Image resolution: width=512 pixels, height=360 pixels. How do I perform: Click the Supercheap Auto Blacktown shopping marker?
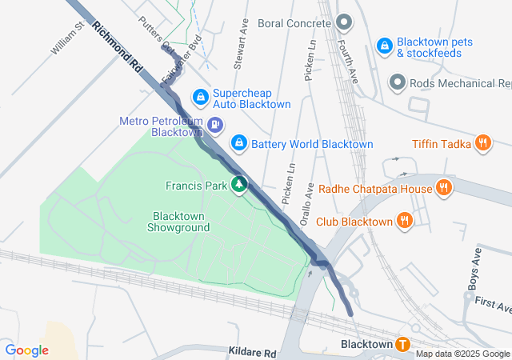click(x=200, y=98)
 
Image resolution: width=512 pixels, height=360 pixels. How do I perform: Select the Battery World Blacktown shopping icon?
click(x=238, y=143)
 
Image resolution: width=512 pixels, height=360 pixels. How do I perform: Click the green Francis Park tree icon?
click(x=238, y=186)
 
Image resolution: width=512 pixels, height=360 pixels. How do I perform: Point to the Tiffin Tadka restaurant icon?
click(x=483, y=143)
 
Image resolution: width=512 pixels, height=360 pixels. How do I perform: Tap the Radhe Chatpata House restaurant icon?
click(x=445, y=189)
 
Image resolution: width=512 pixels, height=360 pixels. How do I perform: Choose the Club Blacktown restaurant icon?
click(x=406, y=221)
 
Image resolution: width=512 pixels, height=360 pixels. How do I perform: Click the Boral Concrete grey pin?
click(x=343, y=21)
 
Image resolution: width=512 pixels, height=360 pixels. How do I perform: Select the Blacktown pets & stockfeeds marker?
click(x=385, y=46)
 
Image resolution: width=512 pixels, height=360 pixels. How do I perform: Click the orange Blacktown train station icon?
click(x=402, y=345)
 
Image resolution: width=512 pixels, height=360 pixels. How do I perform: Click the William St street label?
click(x=68, y=38)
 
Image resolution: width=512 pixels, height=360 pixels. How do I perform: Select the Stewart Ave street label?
click(x=241, y=35)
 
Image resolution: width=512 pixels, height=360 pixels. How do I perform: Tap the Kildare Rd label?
click(x=251, y=352)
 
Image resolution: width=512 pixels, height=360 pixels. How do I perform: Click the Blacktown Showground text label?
click(x=178, y=222)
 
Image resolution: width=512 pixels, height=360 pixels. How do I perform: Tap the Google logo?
click(x=26, y=350)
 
